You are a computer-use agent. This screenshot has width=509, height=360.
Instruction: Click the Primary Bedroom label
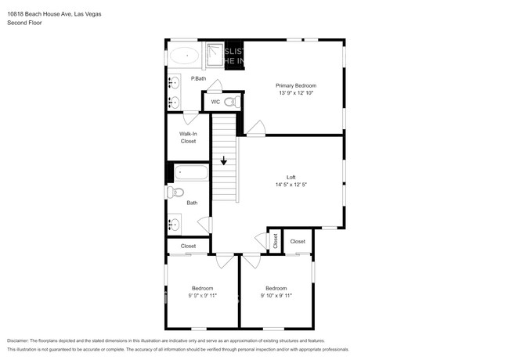click(296, 85)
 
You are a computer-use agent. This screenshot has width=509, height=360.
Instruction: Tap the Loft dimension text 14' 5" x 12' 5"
click(291, 185)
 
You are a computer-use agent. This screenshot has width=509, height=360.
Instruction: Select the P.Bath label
click(198, 78)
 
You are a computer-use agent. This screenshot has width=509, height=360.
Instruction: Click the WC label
click(215, 102)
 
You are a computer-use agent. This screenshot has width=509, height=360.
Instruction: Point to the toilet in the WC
click(231, 102)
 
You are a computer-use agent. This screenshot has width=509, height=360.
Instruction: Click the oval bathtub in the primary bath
click(186, 56)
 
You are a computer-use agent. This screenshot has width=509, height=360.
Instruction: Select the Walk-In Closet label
click(188, 138)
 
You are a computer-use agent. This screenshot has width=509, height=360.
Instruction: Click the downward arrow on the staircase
click(224, 161)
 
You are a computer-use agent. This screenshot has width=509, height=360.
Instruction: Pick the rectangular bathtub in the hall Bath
click(190, 173)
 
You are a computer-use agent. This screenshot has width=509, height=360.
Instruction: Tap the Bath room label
click(192, 203)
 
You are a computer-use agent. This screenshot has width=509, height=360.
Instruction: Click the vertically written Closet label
click(275, 241)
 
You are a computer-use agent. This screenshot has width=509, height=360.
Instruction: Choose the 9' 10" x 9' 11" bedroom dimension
click(276, 296)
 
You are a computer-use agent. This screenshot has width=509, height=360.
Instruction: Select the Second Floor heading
click(25, 23)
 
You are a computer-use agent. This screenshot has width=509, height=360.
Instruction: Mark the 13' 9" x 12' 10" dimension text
click(296, 93)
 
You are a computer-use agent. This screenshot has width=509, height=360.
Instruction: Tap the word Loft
click(291, 177)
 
